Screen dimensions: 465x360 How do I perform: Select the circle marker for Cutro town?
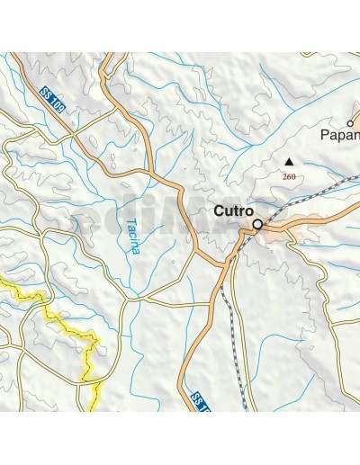[257, 225]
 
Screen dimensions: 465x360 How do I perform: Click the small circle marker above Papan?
[350, 123]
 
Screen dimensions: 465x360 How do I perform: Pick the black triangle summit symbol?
[289, 163]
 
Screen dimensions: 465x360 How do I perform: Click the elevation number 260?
[289, 177]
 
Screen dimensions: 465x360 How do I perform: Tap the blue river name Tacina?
[133, 236]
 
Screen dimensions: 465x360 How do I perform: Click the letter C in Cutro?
[218, 212]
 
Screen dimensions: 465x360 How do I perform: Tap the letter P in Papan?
[325, 137]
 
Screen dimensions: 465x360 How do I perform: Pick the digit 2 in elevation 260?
[284, 177]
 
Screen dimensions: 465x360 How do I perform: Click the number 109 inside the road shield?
[58, 105]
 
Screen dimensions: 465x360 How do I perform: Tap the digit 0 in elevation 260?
[293, 177]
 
